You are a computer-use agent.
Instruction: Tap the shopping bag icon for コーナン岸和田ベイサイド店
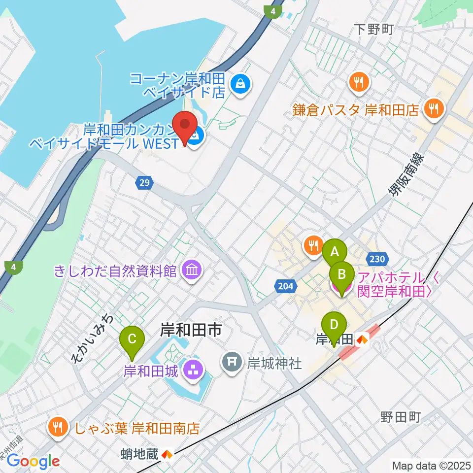pyautogui.click(x=240, y=84)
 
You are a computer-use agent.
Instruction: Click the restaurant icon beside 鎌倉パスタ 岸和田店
pyautogui.click(x=434, y=109)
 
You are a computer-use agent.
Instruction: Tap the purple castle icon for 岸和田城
pyautogui.click(x=191, y=371)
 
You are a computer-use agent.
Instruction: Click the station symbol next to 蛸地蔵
pyautogui.click(x=167, y=454)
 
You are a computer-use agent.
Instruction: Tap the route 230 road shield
pyautogui.click(x=377, y=259)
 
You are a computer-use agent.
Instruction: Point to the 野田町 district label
pyautogui.click(x=400, y=417)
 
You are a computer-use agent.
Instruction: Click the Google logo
pyautogui.click(x=34, y=462)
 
